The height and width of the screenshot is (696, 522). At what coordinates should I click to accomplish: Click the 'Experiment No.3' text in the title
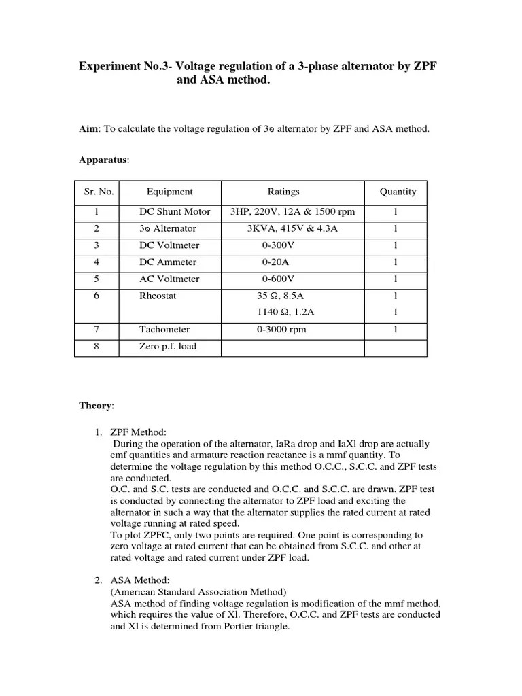pyautogui.click(x=120, y=67)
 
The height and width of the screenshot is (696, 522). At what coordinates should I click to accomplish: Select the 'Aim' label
pyautogui.click(x=89, y=128)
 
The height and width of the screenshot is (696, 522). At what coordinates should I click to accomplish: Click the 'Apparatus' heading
pyautogui.click(x=103, y=160)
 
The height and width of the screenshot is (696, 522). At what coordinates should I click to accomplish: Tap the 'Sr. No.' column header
pyautogui.click(x=99, y=192)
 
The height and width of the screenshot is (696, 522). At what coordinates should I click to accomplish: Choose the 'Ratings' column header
pyautogui.click(x=283, y=192)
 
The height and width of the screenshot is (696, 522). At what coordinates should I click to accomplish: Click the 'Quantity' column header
pyautogui.click(x=398, y=192)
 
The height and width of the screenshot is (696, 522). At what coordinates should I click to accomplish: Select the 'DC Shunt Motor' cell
pyautogui.click(x=175, y=212)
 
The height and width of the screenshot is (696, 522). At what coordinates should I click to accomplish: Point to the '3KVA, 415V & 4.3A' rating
pyautogui.click(x=292, y=229)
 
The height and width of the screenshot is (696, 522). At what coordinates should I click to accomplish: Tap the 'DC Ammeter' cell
pyautogui.click(x=168, y=262)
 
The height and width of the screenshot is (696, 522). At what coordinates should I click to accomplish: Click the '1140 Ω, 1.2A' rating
pyautogui.click(x=285, y=313)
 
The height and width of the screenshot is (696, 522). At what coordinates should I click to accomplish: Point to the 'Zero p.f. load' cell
pyautogui.click(x=168, y=347)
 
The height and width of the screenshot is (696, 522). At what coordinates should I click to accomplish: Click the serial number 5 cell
pyautogui.click(x=97, y=279)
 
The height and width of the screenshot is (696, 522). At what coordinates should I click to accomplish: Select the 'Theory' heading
pyautogui.click(x=96, y=406)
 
